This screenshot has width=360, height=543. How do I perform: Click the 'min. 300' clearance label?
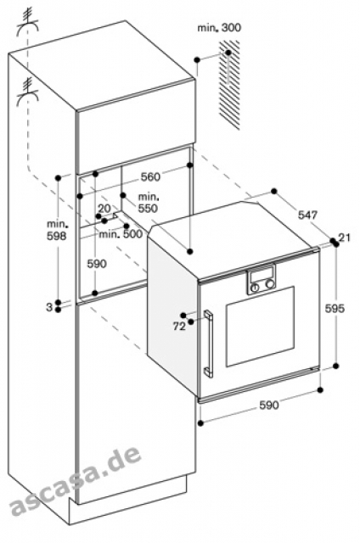point(219,28)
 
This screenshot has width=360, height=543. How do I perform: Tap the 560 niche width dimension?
point(150,177)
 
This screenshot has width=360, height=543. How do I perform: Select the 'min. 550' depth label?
point(149,203)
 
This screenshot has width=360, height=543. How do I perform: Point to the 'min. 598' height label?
point(57,230)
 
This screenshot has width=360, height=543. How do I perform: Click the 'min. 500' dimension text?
point(121,234)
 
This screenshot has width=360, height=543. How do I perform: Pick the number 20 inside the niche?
point(104,209)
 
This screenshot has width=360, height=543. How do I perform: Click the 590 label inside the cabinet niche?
point(97,264)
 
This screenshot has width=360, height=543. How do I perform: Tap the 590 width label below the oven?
point(268,405)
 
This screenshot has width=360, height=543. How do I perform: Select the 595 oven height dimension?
point(335,308)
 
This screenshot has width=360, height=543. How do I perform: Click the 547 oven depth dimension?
point(307,215)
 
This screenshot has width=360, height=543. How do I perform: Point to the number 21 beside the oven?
point(345,238)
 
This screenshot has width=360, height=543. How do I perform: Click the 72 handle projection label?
point(179,326)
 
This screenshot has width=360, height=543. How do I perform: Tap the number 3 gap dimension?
point(49,307)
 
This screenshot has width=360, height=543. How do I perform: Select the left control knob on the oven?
point(256,288)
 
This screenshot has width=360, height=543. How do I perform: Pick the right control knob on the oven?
point(269,285)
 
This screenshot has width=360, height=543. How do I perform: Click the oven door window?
point(260,327)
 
